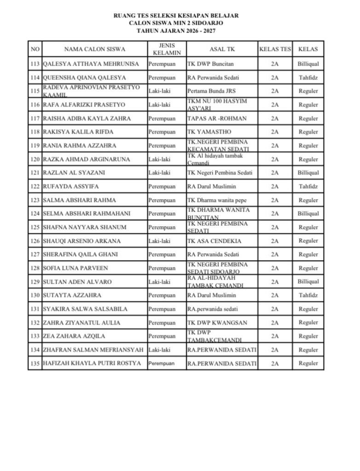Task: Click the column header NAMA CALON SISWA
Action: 94,49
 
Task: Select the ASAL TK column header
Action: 221,49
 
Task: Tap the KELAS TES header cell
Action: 275,49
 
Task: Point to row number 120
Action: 35,159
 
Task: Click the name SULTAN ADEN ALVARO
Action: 77,281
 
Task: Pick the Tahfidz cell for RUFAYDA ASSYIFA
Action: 308,186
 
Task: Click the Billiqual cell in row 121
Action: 308,173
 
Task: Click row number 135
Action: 35,363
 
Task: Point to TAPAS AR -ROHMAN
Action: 217,118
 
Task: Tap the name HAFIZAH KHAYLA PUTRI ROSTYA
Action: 92,363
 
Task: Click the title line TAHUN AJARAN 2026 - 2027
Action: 176,31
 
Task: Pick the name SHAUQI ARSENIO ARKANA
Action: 81,241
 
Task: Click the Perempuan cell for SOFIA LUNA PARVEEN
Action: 162,268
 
